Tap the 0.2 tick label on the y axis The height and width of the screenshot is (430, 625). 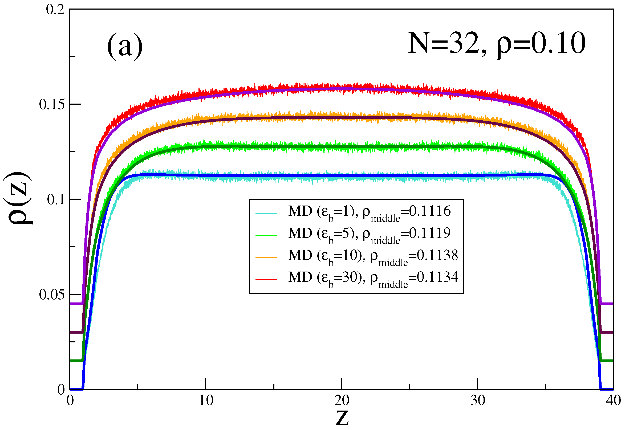click(x=55, y=10)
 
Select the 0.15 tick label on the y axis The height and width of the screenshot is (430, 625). click(x=52, y=105)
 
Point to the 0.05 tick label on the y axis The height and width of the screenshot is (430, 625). click(x=52, y=295)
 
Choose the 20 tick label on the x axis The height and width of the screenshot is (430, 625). click(x=342, y=401)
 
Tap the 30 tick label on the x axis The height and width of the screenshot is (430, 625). click(x=478, y=401)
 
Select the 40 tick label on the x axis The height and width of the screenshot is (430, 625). click(x=613, y=401)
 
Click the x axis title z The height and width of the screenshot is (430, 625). click(x=342, y=418)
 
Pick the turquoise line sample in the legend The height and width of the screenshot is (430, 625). click(x=266, y=214)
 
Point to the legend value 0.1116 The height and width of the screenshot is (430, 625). click(x=430, y=211)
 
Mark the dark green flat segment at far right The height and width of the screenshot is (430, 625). click(x=607, y=361)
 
